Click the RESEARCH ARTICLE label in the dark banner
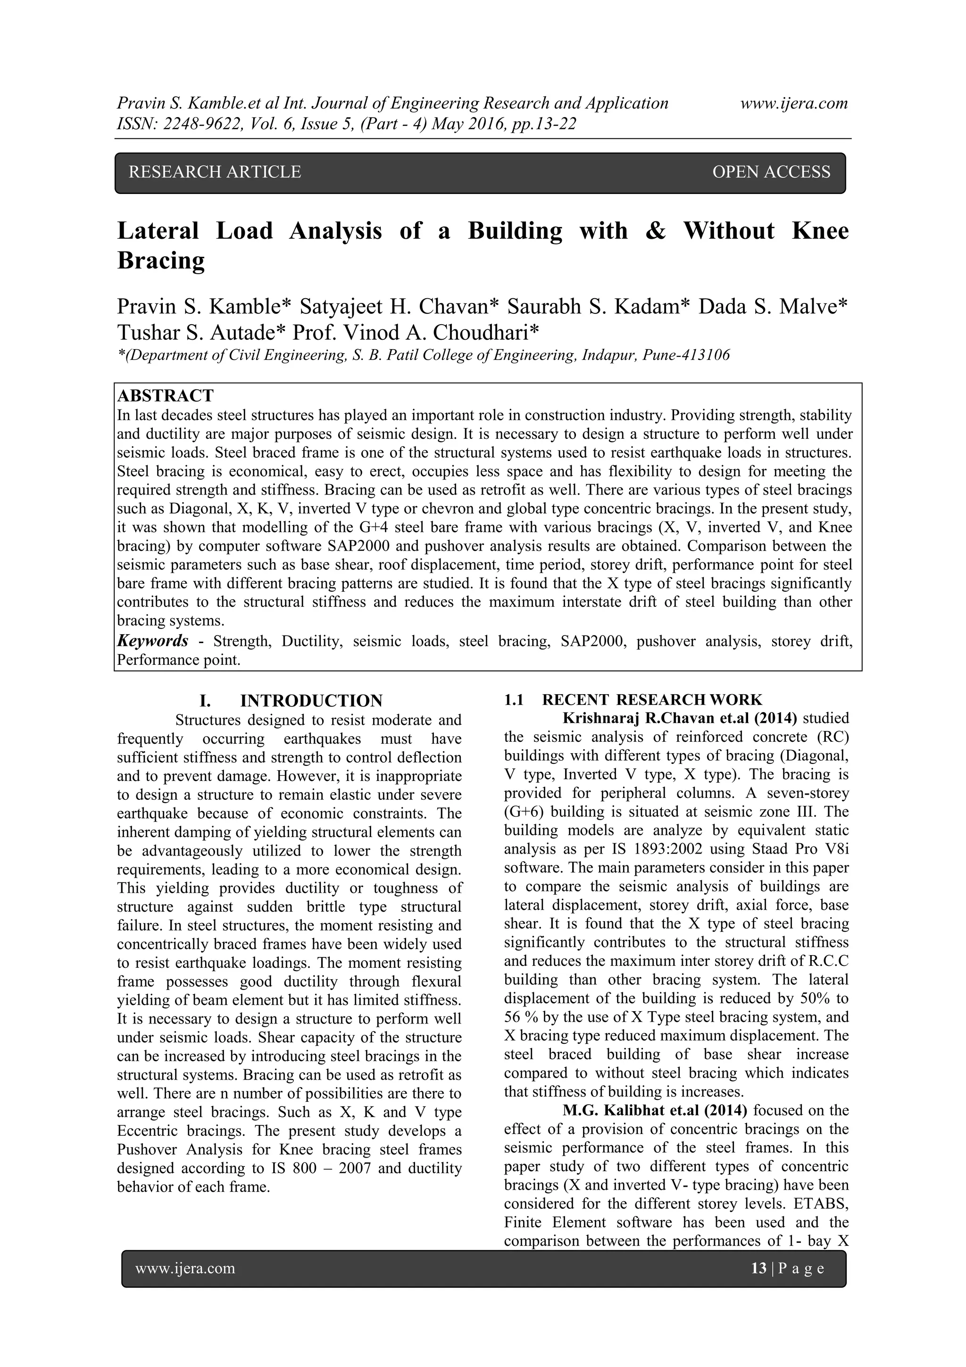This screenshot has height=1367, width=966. tap(215, 172)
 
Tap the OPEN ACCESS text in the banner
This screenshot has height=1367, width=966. tap(771, 172)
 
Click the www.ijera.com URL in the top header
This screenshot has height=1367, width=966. tap(794, 104)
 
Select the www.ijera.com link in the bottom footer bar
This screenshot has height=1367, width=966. tap(185, 1268)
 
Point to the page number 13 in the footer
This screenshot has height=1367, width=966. tap(759, 1268)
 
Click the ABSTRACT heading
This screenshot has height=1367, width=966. tap(166, 395)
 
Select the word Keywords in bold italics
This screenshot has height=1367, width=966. tap(153, 641)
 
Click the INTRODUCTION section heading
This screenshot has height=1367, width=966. tap(311, 700)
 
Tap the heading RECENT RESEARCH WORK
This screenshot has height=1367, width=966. tap(652, 700)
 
